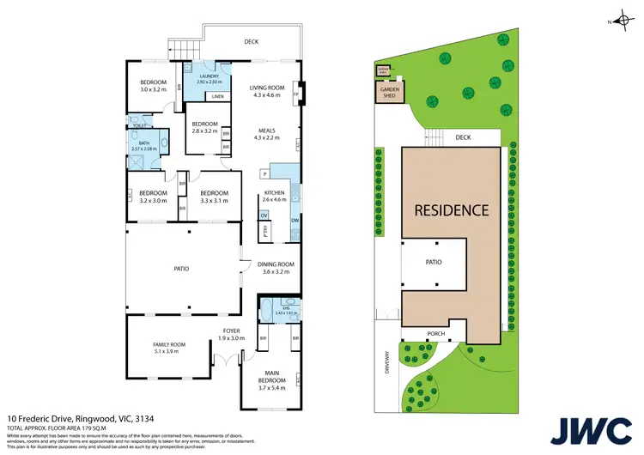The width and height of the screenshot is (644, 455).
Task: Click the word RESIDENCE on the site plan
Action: [452, 209]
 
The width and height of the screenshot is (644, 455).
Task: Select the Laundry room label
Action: [209, 79]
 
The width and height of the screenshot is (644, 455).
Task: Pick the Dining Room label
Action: [276, 268]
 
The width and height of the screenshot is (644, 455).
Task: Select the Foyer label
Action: [232, 334]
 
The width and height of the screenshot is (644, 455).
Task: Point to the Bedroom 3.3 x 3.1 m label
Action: [214, 197]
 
